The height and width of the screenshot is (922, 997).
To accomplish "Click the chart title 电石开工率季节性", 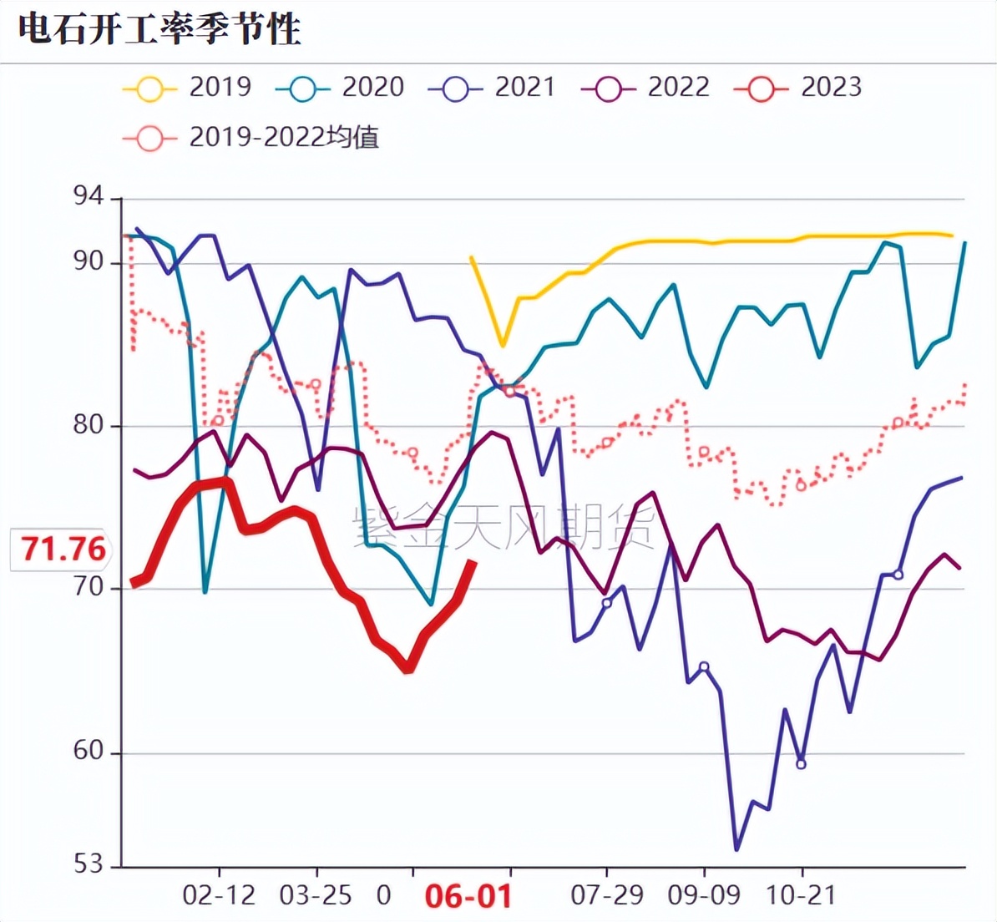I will coord(159,30).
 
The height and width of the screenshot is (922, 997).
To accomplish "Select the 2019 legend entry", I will coord(188,87).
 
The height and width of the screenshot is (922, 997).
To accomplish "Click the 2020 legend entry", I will coord(341,87).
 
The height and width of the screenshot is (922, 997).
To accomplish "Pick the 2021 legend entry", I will coord(493,87).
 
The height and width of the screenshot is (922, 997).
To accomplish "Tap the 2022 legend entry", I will coord(645,87).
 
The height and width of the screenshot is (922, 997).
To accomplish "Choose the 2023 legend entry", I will coord(798,87).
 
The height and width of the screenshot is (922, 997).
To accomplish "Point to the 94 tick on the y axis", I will coord(89,197).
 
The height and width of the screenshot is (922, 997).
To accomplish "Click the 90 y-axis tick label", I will coord(89,261).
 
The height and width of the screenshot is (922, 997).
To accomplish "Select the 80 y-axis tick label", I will coord(89,425).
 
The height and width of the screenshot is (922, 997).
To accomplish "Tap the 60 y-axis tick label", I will coord(89,751).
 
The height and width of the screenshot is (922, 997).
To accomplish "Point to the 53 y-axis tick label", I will coord(89,864).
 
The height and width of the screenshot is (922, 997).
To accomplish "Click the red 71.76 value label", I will coord(63,550).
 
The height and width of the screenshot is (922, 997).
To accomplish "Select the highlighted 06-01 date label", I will coord(468,897).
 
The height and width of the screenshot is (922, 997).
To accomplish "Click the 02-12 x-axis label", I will coord(219,896).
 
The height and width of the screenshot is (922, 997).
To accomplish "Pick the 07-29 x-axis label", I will coord(607,896).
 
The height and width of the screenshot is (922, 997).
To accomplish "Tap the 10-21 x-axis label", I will coord(801,896).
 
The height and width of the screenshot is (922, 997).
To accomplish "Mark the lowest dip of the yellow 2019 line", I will coord(503,345).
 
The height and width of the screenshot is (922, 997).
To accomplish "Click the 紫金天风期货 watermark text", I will coord(504,528).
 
